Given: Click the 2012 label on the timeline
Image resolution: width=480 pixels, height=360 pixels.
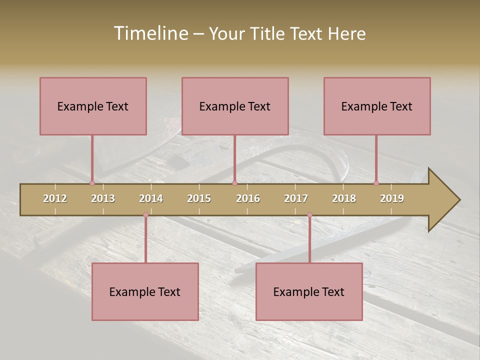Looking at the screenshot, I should tap(55, 198).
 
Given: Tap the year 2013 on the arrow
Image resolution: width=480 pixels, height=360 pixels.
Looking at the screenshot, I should tap(103, 198).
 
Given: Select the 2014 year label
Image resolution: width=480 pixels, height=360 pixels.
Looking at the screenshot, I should tap(151, 198).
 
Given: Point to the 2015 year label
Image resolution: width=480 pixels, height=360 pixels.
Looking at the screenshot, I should tap(199, 198).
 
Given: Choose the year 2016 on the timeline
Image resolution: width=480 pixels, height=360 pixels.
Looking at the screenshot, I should tap(248, 198).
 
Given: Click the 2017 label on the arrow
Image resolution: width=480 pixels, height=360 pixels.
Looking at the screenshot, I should tap(296, 198).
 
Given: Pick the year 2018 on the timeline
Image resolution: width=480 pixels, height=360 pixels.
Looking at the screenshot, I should tap(344, 198).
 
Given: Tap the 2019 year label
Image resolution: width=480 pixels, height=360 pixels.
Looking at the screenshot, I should tap(392, 198).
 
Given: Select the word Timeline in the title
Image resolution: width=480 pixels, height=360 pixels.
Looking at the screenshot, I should tap(150, 33).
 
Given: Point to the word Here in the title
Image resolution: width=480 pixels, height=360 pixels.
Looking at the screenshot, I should tap(346, 33).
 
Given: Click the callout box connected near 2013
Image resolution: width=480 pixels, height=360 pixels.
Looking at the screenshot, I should tap(93, 106).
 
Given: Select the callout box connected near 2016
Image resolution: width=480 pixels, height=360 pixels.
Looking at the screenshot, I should tap(235, 106).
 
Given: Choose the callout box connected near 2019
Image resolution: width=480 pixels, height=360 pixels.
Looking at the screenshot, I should tap(377, 106).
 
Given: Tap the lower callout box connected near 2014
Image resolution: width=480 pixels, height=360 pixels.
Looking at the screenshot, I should tap(145, 291).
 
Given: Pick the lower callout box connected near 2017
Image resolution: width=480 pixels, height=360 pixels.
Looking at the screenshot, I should tap(309, 291).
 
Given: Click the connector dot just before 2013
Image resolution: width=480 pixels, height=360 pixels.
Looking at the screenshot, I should tap(92, 183).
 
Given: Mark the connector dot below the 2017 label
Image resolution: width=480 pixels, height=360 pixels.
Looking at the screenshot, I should tap(309, 215).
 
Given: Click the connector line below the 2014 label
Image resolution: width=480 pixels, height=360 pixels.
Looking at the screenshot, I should tap(145, 240).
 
